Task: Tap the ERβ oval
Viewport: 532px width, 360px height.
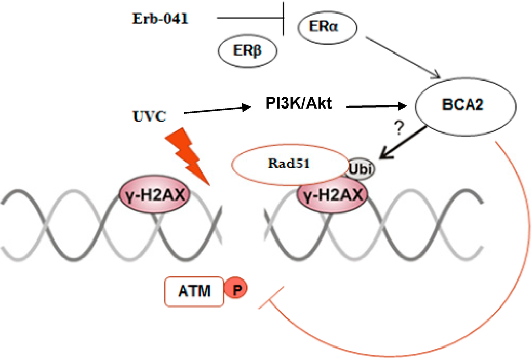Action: tap(247, 51)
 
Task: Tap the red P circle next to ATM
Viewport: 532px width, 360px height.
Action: tap(236, 290)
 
